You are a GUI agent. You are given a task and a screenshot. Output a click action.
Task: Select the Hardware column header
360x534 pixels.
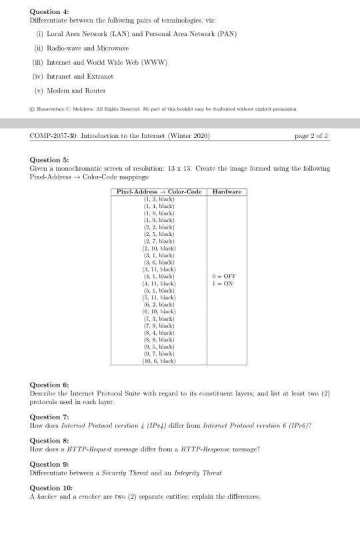pyautogui.click(x=226, y=192)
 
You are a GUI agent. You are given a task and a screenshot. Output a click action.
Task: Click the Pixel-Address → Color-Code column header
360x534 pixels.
pyautogui.click(x=159, y=192)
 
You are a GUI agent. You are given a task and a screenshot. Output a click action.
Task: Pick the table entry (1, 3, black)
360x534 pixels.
pyautogui.click(x=159, y=199)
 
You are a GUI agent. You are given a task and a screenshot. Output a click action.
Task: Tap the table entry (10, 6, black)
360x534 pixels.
pyautogui.click(x=159, y=361)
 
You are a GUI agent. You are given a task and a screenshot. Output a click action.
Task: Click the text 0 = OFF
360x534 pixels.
pyautogui.click(x=225, y=276)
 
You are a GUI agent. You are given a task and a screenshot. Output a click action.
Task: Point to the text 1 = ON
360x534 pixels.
pyautogui.click(x=223, y=283)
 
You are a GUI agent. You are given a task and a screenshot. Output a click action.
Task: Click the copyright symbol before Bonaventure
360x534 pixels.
pyautogui.click(x=33, y=107)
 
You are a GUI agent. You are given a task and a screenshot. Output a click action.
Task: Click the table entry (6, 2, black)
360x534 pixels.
pyautogui.click(x=159, y=304)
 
